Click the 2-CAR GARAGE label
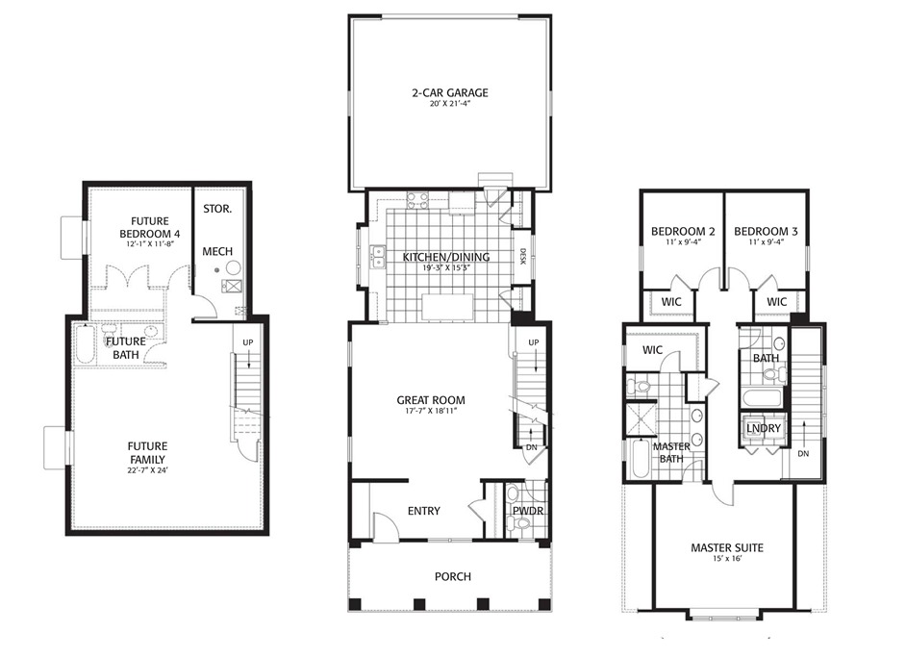coord(450,93)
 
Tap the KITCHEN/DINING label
coord(445,256)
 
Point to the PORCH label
coord(452,576)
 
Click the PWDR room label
coord(528,511)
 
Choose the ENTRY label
coord(424,511)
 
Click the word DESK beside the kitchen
coord(523,257)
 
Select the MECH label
coord(216,251)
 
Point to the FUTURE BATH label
coord(126,347)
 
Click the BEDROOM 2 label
coord(683,232)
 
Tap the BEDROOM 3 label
coord(766,232)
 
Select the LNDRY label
coord(763,428)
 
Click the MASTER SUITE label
coord(726,547)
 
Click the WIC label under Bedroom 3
coord(777,302)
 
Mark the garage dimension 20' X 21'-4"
coord(450,105)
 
